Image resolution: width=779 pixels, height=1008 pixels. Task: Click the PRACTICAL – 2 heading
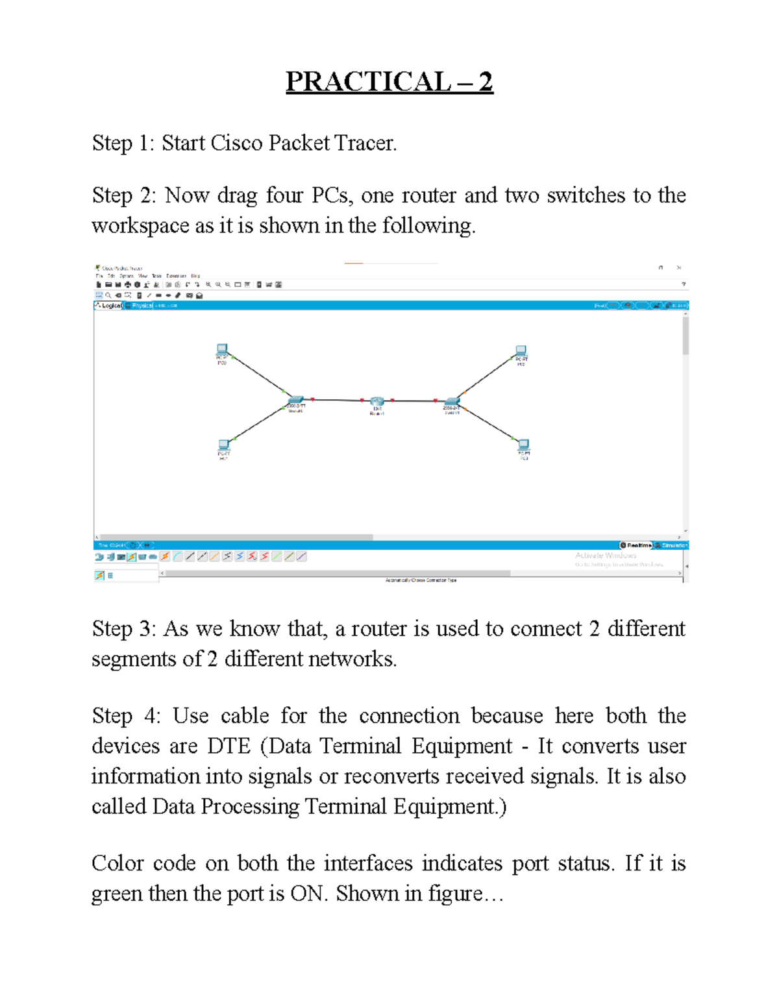(x=389, y=82)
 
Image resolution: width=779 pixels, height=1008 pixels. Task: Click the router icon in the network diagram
(x=377, y=402)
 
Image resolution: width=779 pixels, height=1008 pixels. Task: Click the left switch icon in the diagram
(x=295, y=400)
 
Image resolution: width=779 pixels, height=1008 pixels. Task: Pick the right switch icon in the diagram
(x=452, y=402)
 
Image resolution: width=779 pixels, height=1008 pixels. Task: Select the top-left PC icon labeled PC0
(x=222, y=350)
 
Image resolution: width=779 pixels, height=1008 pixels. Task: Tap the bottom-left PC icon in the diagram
(x=224, y=445)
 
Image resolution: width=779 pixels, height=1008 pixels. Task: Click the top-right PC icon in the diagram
(x=521, y=351)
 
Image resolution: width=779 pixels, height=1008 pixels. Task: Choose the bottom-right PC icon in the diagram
(x=523, y=445)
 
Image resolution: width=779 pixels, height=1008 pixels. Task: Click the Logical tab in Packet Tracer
(x=109, y=306)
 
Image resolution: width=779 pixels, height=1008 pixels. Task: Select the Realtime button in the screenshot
(x=636, y=545)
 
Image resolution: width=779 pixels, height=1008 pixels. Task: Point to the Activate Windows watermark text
(x=605, y=556)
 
